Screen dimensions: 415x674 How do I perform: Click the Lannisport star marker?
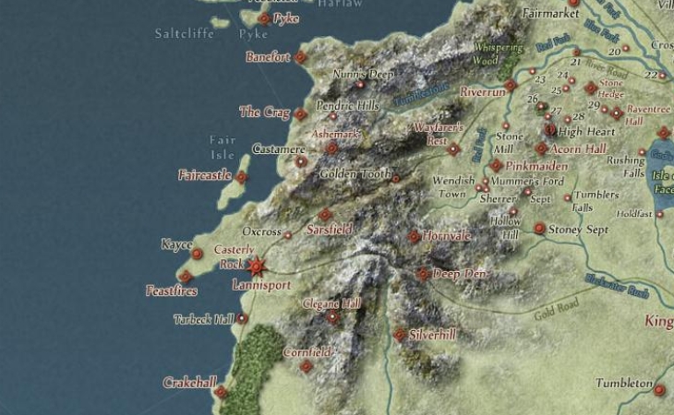[x=257, y=267]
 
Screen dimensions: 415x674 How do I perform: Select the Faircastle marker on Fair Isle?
[x=242, y=177]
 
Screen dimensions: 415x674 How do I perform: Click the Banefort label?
[x=268, y=57]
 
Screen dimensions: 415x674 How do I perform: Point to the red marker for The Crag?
[x=300, y=114]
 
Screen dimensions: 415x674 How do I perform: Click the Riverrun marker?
[x=510, y=85]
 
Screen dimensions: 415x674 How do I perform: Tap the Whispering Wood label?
[x=498, y=53]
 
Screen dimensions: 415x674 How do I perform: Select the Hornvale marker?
[x=415, y=236]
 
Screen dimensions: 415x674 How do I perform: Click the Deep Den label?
[x=461, y=274]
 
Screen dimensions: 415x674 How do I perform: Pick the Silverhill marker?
[x=400, y=335]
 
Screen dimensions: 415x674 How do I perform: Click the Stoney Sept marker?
[x=539, y=228]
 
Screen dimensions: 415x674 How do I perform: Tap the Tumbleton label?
[x=624, y=383]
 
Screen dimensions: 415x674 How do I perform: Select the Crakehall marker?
[x=221, y=392]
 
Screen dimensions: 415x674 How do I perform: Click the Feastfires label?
[x=173, y=291]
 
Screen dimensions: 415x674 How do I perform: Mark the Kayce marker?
[x=197, y=254]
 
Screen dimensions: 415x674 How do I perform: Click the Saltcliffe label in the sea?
[x=185, y=34]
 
